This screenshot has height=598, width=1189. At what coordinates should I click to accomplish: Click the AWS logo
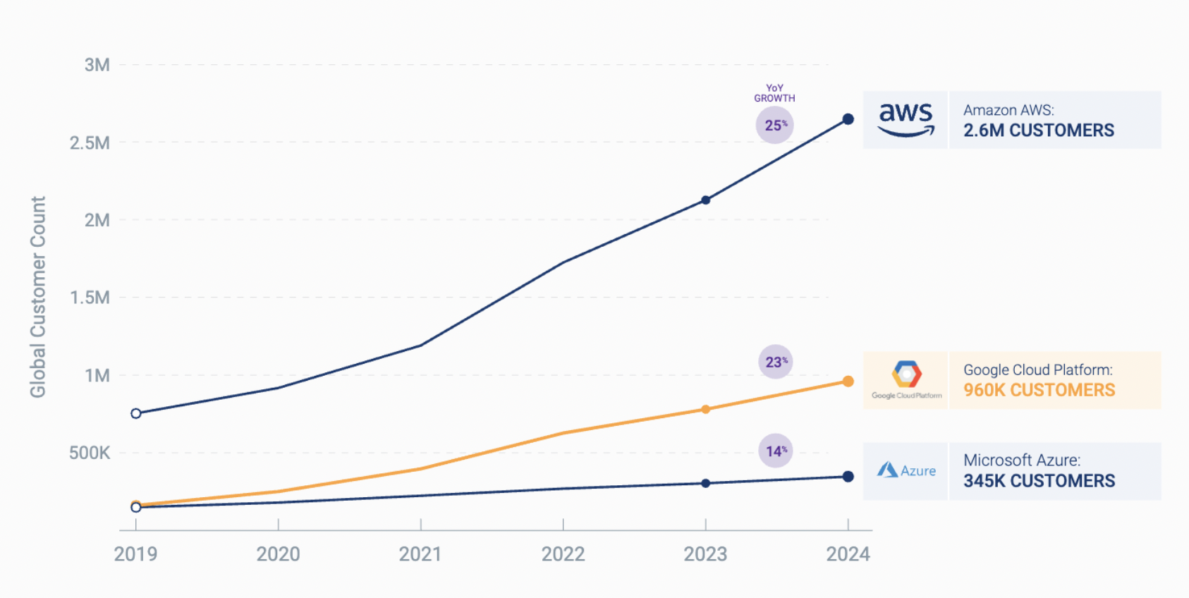pyautogui.click(x=906, y=120)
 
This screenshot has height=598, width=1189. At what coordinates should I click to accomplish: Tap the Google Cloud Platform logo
pyautogui.click(x=906, y=379)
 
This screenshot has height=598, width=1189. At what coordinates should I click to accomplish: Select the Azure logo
pyautogui.click(x=906, y=470)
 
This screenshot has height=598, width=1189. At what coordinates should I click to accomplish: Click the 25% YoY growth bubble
pyautogui.click(x=775, y=126)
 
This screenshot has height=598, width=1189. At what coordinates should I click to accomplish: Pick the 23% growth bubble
pyautogui.click(x=776, y=362)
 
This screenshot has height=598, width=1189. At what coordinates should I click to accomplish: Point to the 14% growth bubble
pyautogui.click(x=776, y=451)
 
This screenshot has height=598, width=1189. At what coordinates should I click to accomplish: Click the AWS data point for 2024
pyautogui.click(x=848, y=119)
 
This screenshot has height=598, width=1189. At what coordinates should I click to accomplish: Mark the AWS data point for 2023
pyautogui.click(x=706, y=200)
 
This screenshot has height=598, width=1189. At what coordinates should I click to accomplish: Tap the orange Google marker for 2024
pyautogui.click(x=848, y=382)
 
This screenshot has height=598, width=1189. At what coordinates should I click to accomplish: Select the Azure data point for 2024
pyautogui.click(x=848, y=477)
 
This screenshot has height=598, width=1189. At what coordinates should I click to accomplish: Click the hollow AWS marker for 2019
pyautogui.click(x=136, y=413)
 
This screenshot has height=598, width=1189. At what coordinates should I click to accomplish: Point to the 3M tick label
pyautogui.click(x=97, y=65)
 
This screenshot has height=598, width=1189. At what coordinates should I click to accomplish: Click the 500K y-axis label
pyautogui.click(x=90, y=453)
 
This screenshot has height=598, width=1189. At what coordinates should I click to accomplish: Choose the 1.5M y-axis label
pyautogui.click(x=90, y=298)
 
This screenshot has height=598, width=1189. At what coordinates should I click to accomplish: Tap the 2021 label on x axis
pyautogui.click(x=420, y=554)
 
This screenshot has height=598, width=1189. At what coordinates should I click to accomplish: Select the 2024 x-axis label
pyautogui.click(x=848, y=554)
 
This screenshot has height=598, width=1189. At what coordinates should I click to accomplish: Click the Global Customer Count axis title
pyautogui.click(x=38, y=297)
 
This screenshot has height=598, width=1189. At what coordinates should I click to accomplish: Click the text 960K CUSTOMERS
pyautogui.click(x=1039, y=390)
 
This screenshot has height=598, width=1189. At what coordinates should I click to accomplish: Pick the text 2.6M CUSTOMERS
pyautogui.click(x=1039, y=130)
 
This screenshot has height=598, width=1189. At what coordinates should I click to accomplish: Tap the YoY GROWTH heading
pyautogui.click(x=774, y=93)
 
